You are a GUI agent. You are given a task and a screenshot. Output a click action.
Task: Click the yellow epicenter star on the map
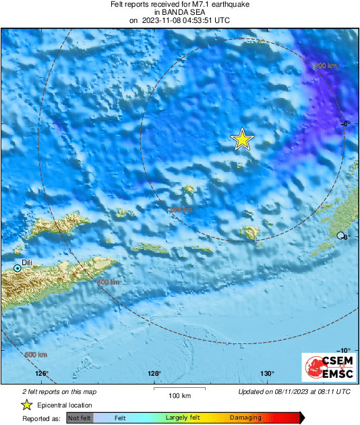[x=242, y=139]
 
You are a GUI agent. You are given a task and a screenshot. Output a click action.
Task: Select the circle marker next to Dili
[x=18, y=268]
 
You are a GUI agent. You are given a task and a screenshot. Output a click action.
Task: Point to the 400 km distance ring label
[x=108, y=282]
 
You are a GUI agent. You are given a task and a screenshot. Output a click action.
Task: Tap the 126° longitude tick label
[x=42, y=373]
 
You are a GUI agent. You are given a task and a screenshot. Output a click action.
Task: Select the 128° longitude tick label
[x=154, y=373]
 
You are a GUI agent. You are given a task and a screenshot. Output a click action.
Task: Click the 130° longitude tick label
[x=267, y=373]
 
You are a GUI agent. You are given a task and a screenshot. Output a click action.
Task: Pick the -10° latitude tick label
[x=343, y=349]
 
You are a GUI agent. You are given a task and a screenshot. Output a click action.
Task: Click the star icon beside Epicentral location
[x=26, y=405]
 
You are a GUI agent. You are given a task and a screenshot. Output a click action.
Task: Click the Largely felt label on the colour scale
[x=181, y=418]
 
